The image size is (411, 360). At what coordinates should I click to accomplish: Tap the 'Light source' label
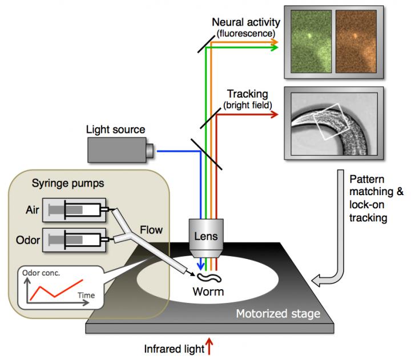[115, 130]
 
